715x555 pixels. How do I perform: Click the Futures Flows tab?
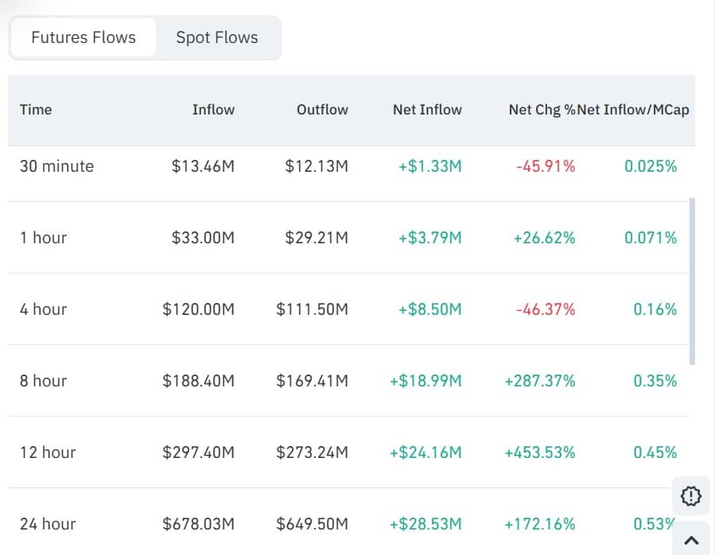(84, 37)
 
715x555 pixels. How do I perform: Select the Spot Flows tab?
(217, 37)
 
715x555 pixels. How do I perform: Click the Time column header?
(36, 110)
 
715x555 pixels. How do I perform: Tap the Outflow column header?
(322, 110)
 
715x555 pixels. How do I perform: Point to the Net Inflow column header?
(427, 110)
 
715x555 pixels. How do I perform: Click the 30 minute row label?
(56, 166)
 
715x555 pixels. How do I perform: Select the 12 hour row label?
(48, 452)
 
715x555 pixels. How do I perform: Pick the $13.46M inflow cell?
(203, 166)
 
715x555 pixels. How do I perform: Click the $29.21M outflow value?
(317, 238)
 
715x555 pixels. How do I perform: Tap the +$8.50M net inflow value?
(429, 309)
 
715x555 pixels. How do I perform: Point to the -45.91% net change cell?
(546, 166)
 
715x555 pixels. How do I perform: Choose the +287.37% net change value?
(539, 381)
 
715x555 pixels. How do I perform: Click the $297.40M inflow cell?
(198, 452)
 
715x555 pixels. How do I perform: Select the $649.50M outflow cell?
(312, 524)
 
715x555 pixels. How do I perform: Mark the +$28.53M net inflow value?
(426, 524)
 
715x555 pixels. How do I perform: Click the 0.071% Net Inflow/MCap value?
(651, 238)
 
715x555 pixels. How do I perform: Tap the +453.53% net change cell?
(539, 452)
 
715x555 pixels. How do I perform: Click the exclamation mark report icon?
(691, 496)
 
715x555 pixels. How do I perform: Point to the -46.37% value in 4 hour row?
(546, 309)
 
